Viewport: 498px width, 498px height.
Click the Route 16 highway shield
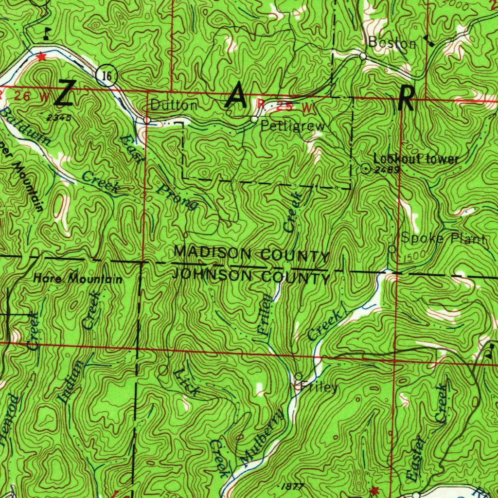point(109,75)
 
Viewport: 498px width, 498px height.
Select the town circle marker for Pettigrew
point(254,119)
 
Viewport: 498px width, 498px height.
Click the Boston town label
point(392,43)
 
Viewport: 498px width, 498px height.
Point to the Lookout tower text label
point(416,159)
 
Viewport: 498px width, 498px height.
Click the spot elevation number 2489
point(388,170)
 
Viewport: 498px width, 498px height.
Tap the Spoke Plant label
point(443,238)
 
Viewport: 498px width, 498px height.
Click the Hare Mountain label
point(78,279)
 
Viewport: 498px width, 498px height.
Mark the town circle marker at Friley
point(299,376)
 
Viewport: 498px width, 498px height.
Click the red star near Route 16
point(41,56)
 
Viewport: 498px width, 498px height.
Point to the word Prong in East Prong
point(177,196)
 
